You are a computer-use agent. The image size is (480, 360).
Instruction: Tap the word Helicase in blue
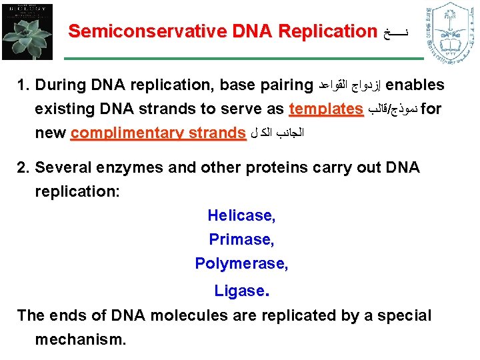[241, 215]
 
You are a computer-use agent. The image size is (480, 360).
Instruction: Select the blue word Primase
[241, 239]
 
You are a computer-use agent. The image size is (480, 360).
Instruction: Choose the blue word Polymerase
[241, 264]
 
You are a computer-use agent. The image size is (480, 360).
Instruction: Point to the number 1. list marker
[23, 85]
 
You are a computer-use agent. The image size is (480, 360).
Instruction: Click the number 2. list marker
[23, 168]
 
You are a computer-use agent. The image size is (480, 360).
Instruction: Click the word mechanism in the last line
[80, 339]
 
